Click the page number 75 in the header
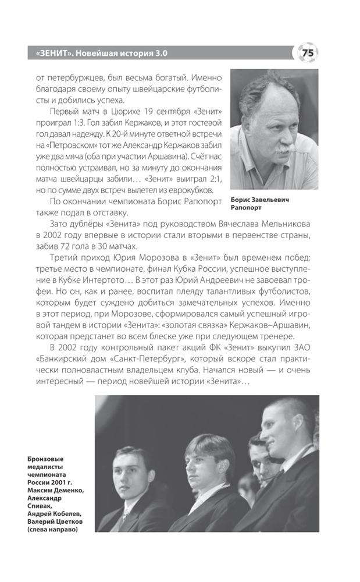308,53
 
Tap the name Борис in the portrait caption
241,199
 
